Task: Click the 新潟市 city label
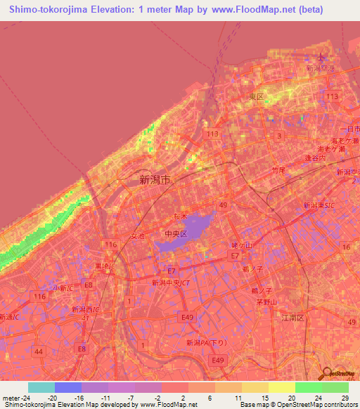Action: (x=155, y=180)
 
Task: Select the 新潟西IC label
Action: (x=85, y=309)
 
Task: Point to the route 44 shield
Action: (x=38, y=351)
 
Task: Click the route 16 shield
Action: (x=345, y=247)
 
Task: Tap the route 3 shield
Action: (x=279, y=136)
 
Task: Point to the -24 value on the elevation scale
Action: (x=13, y=398)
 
